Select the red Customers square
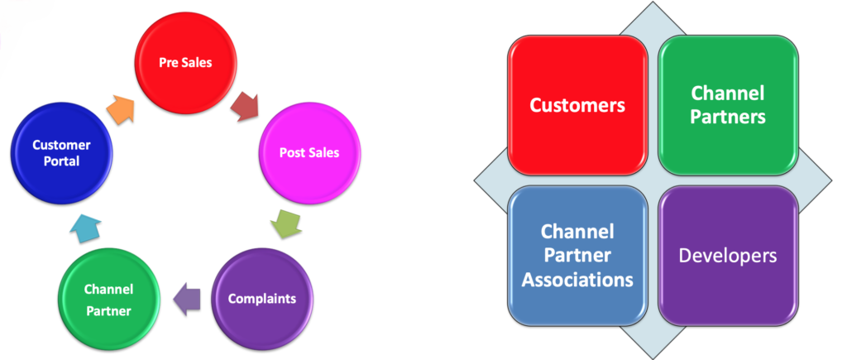(577, 105)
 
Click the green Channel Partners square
(729, 105)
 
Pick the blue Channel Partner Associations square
(577, 255)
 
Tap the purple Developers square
(728, 255)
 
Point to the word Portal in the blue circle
(62, 162)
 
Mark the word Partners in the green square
(729, 118)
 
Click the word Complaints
(261, 298)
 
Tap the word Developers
(728, 255)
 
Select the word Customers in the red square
(577, 105)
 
